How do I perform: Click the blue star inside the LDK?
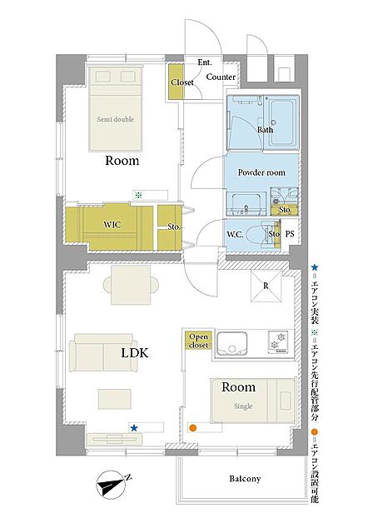pos(134,428)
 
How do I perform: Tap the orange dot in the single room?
pos(192,427)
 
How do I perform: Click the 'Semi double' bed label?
pos(116,119)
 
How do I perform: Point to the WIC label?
pos(112,225)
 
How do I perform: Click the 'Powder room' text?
pos(261,172)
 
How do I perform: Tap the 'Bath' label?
pos(265,130)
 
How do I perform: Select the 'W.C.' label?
pos(235,235)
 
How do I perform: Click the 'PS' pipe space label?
pos(290,234)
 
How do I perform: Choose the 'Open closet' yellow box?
pos(198,341)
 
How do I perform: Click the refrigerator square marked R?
pos(266,286)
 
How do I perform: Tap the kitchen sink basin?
pos(232,344)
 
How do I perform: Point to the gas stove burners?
pos(278,342)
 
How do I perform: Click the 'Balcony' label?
pos(245,479)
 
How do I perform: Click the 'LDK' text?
pos(135,353)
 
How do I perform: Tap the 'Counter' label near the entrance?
pos(221,77)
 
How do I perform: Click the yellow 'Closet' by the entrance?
pos(176,82)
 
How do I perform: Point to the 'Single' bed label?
pos(243,406)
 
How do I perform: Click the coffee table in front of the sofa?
pos(114,399)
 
